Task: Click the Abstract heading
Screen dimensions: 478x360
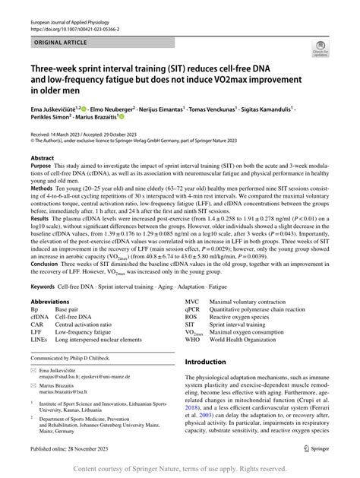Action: coord(42,158)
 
